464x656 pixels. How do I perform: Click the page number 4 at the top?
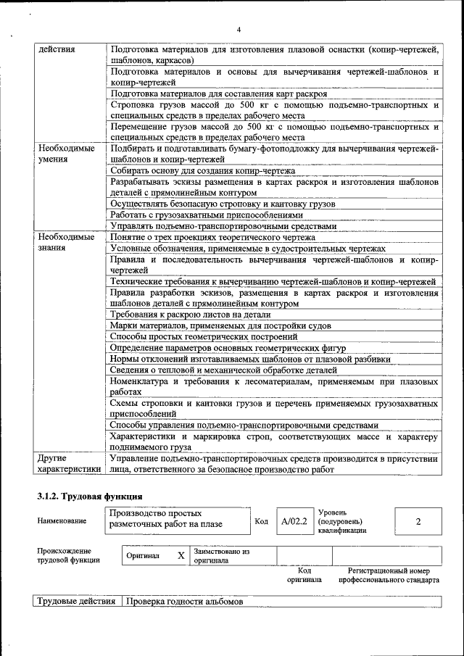pos(237,29)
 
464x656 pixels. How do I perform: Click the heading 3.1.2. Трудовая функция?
pos(89,496)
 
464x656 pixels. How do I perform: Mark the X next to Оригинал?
pos(181,556)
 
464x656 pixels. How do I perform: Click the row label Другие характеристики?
pos(68,464)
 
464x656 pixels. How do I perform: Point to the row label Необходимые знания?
pos(66,242)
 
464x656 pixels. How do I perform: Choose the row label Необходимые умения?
pos(66,154)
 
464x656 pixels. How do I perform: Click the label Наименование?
pos(63,521)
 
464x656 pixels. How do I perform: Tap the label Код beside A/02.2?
pos(262,521)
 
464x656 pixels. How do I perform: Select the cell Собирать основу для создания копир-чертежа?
pos(202,171)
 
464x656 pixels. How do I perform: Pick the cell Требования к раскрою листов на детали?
pos(191,315)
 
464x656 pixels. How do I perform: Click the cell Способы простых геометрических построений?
pos(204,336)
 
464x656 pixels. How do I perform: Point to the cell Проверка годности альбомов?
pos(183,603)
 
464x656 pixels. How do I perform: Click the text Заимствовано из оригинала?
pos(221,556)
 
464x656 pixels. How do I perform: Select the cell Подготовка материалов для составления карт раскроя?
pos(219,94)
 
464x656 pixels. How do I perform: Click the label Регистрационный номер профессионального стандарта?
pos(389,576)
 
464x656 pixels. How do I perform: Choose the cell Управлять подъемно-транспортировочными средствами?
pos(223,225)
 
